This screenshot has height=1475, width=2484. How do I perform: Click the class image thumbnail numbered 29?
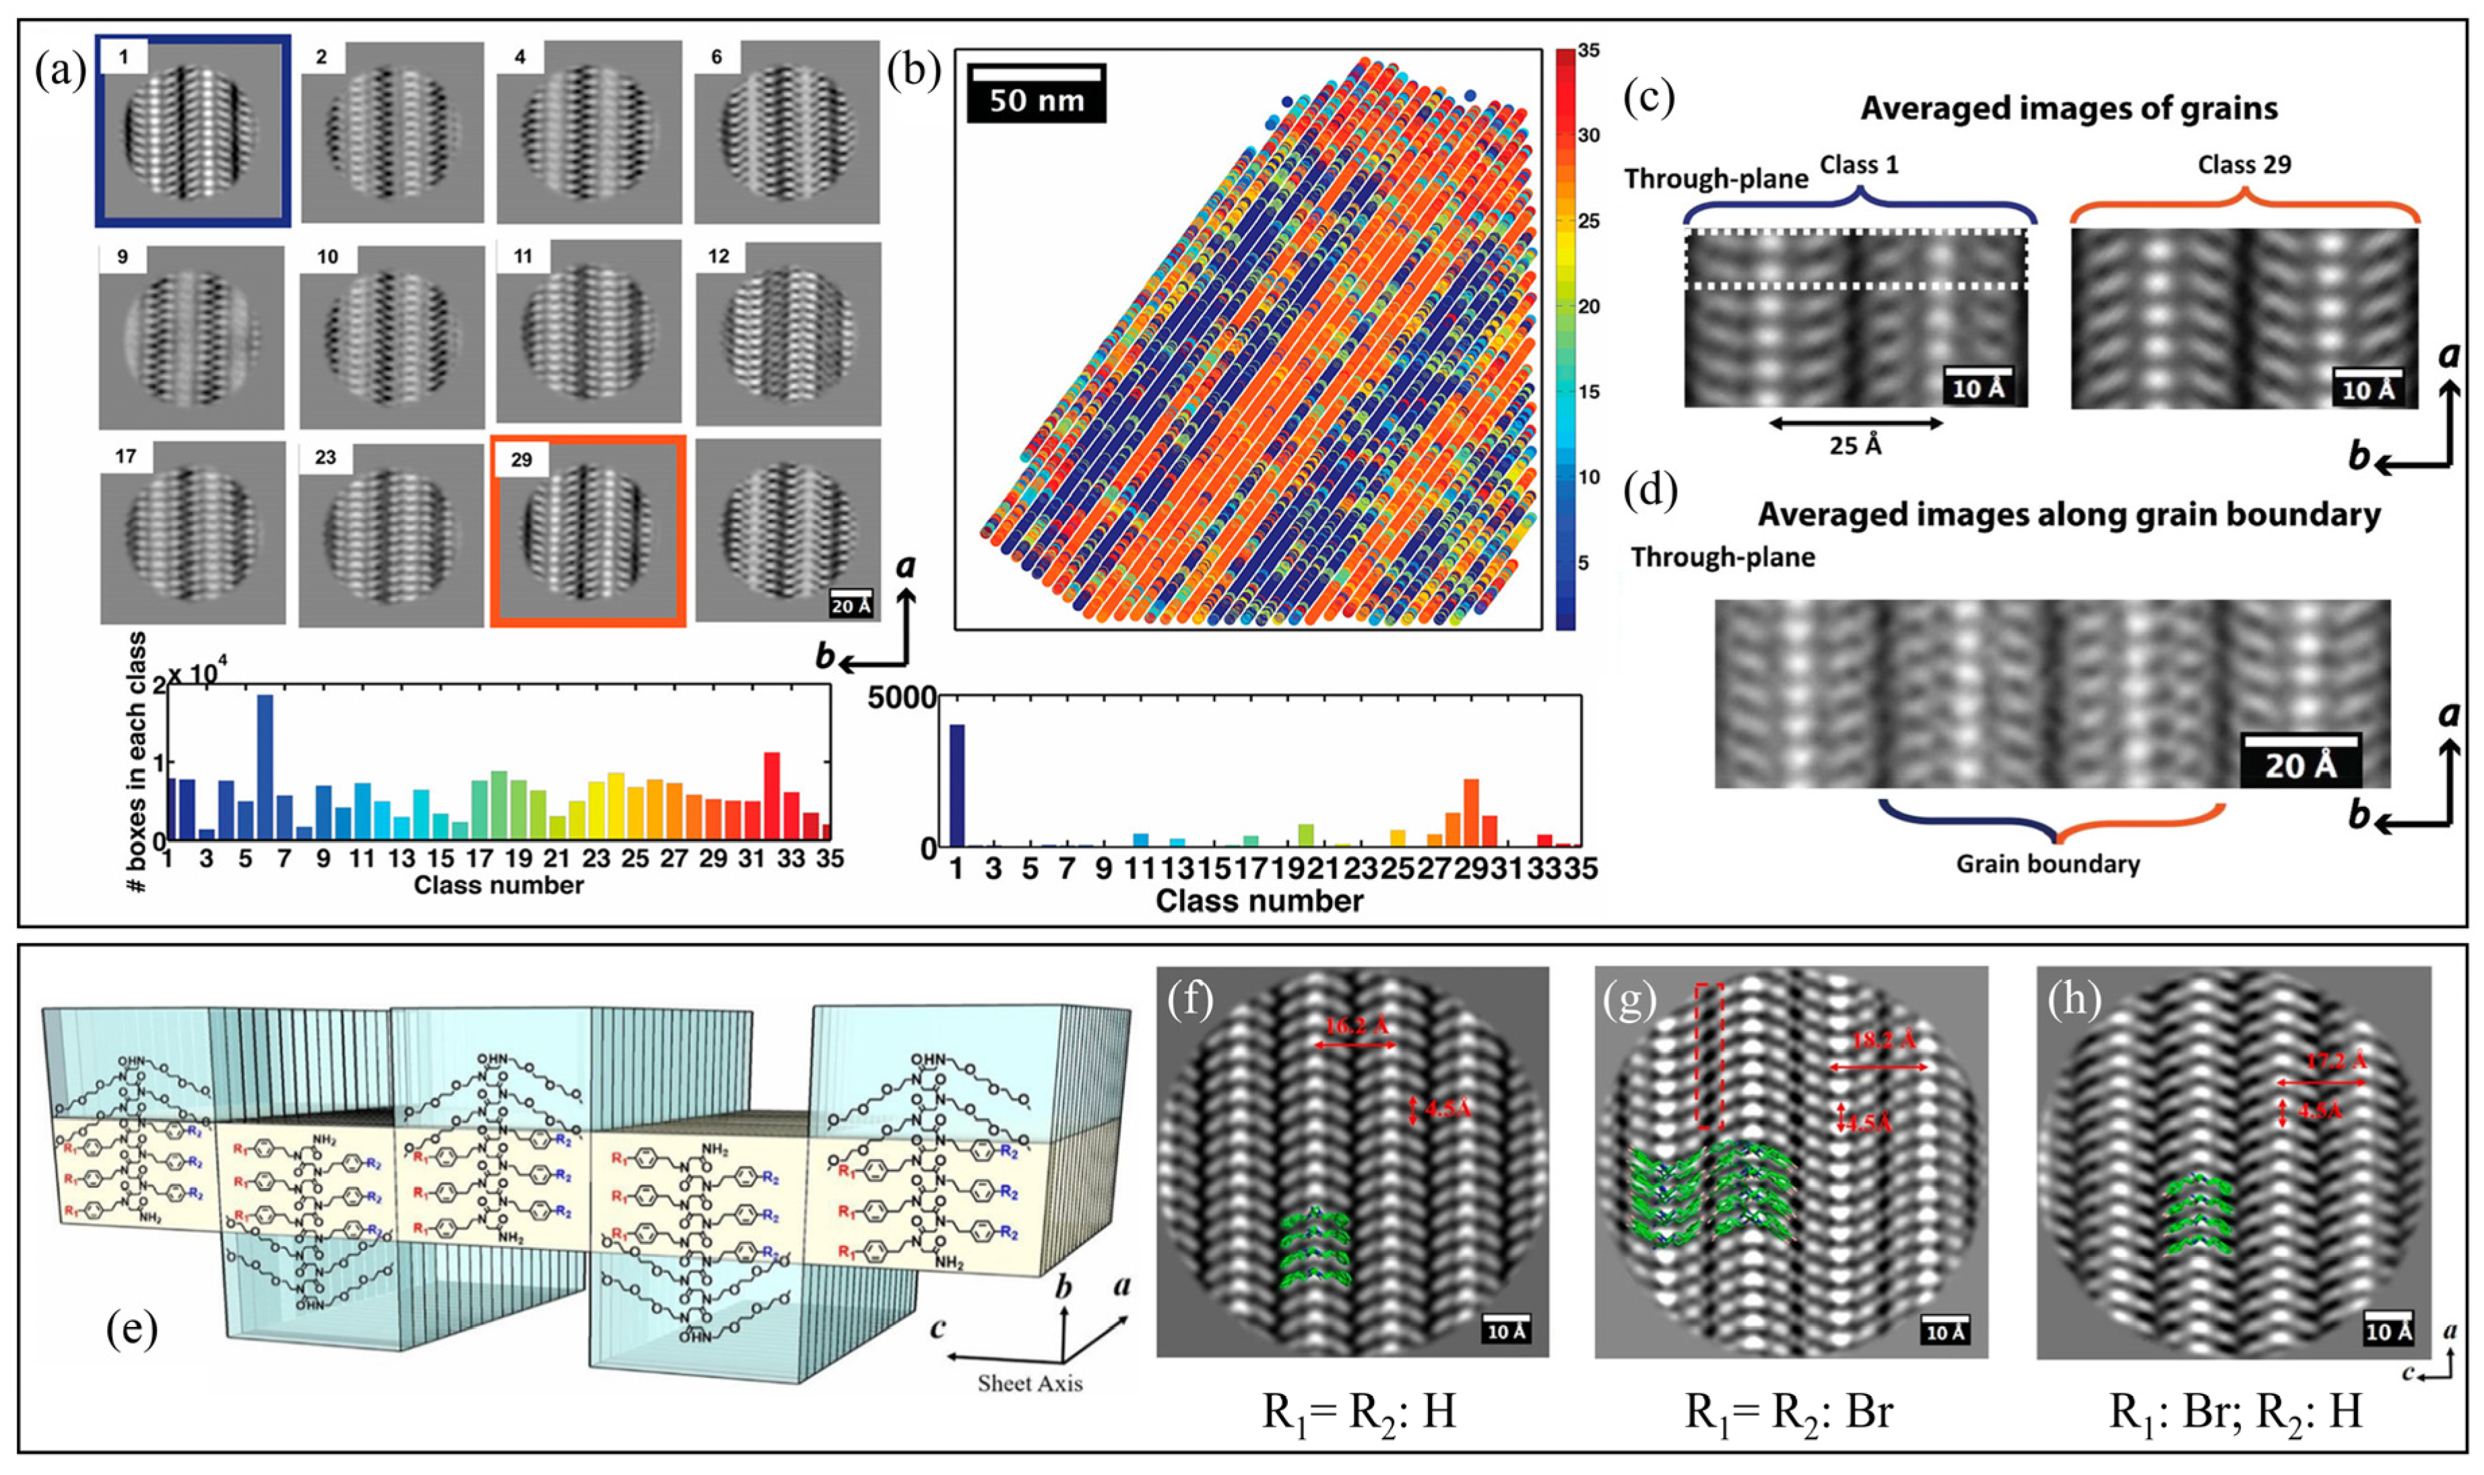(587, 532)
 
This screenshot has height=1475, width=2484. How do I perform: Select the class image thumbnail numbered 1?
(193, 131)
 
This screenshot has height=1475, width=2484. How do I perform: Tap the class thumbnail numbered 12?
(787, 333)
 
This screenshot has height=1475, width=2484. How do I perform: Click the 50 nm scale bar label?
(1036, 100)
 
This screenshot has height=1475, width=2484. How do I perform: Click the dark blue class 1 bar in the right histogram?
(956, 785)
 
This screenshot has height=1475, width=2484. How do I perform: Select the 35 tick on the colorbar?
(1588, 51)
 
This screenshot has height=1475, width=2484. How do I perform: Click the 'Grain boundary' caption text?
(2048, 863)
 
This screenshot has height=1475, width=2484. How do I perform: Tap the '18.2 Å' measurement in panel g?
(1884, 1041)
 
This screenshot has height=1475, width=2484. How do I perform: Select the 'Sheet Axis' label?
(1030, 1383)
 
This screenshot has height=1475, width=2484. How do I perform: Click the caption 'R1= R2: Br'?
(1788, 1412)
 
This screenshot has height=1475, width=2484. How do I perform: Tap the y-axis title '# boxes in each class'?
(138, 760)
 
